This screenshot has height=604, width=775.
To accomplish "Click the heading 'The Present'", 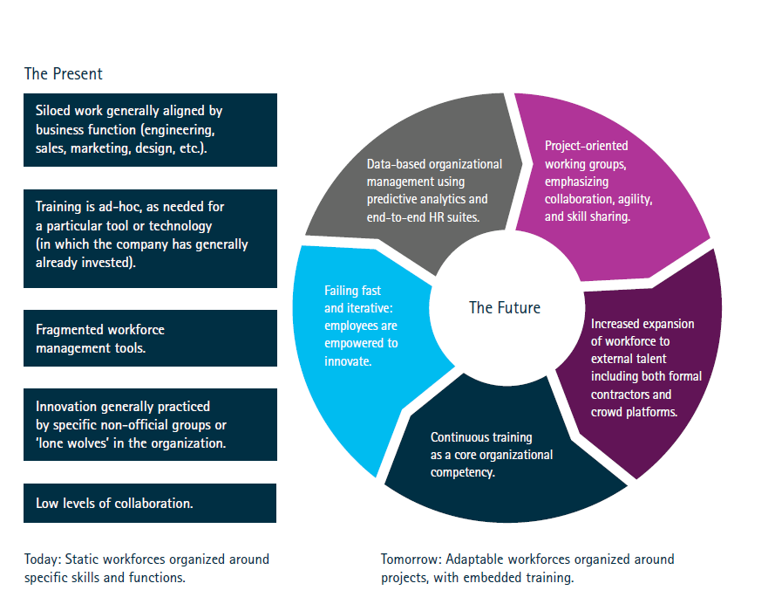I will [64, 74].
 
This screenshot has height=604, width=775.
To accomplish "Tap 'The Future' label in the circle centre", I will [504, 307].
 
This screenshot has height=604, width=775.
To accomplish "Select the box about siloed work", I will [150, 130].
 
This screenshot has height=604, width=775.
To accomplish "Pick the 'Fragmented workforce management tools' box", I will [150, 339].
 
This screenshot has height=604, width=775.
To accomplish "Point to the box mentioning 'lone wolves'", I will [150, 424].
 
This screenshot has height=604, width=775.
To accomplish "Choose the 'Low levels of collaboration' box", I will [150, 504].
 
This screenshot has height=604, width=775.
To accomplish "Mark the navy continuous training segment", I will [497, 463].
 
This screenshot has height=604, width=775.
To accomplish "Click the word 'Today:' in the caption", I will [43, 559].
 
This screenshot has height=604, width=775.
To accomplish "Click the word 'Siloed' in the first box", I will [53, 112].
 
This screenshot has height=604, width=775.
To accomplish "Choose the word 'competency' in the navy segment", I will [462, 472].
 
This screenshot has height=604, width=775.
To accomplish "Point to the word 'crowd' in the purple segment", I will [607, 411].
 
